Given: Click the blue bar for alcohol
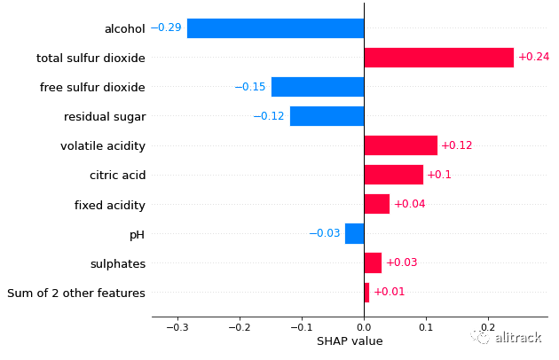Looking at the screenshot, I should [275, 28].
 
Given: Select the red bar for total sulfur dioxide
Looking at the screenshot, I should [438, 58].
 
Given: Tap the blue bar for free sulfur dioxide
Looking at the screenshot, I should [317, 87].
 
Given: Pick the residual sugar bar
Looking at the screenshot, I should [327, 116].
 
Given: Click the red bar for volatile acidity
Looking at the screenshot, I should [400, 145].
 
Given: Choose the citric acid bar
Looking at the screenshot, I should [393, 175].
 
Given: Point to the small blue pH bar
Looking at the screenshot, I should [354, 233].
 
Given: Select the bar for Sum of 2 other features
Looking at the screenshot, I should [366, 293].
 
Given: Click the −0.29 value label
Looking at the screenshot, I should [166, 28].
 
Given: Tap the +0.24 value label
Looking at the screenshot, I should [533, 58].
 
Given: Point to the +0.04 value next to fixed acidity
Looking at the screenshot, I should [409, 205].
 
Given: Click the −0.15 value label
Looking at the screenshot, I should [250, 87].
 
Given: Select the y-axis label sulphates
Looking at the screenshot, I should [117, 263].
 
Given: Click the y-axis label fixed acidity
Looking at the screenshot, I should [109, 205].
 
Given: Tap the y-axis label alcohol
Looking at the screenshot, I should [124, 28].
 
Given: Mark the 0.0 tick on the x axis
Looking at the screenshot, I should [364, 326].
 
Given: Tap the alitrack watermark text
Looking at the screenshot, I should [517, 338].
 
